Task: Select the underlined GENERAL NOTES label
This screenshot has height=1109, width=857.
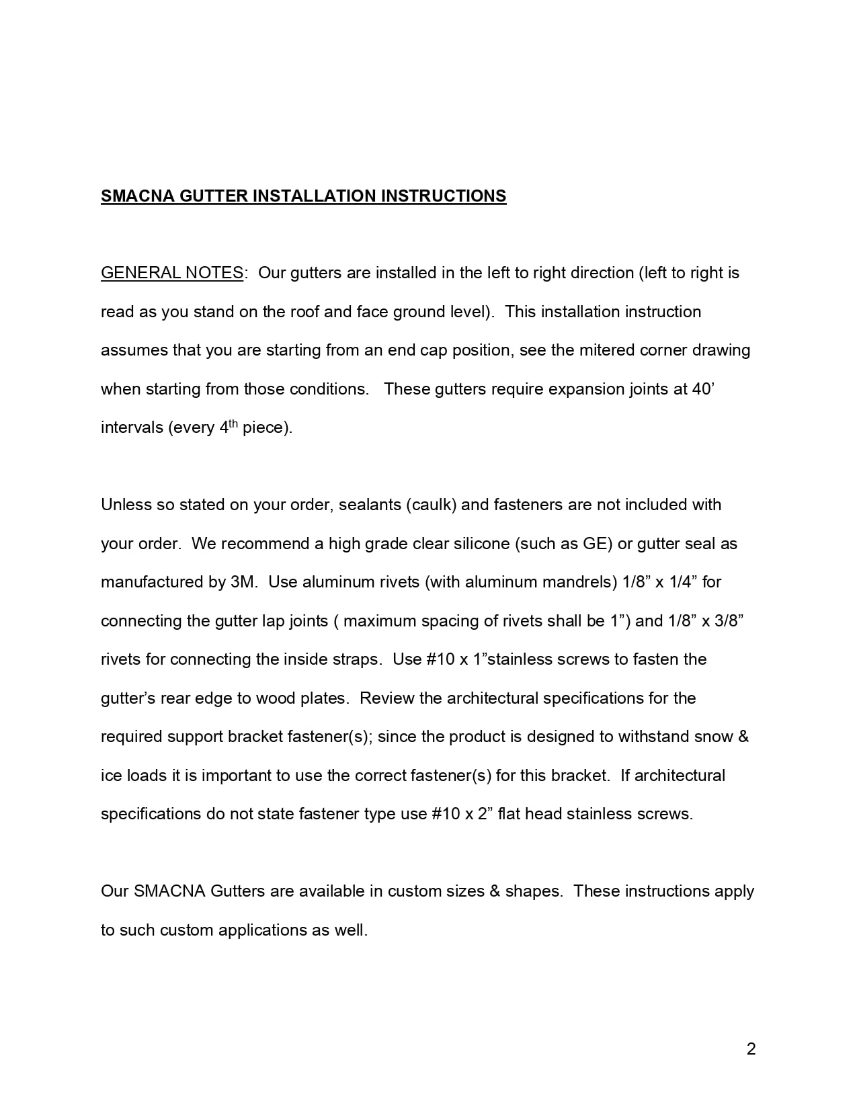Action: (x=171, y=273)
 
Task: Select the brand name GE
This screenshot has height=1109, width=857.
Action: (x=594, y=544)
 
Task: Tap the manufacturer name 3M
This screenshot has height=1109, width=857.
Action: (x=243, y=582)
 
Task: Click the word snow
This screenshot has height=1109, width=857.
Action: (x=713, y=737)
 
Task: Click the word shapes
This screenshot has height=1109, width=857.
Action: (x=533, y=891)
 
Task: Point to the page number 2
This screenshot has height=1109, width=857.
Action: (x=751, y=1049)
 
